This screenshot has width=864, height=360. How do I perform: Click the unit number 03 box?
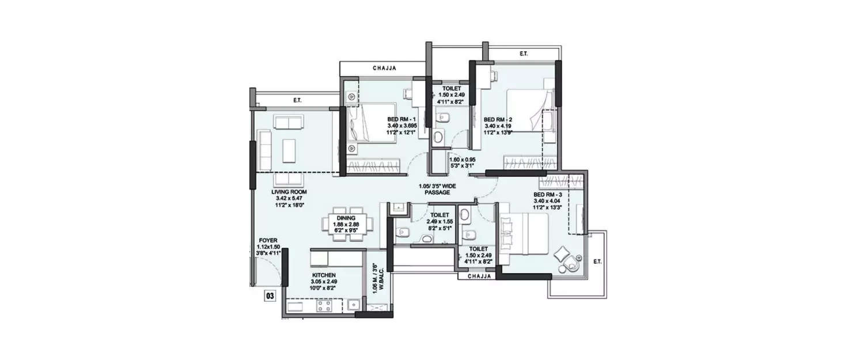pyautogui.click(x=269, y=296)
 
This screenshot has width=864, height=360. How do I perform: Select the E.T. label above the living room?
pyautogui.click(x=297, y=101)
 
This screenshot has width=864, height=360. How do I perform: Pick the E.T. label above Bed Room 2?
pyautogui.click(x=523, y=54)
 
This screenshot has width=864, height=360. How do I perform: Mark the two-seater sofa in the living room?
pyautogui.click(x=288, y=122)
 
